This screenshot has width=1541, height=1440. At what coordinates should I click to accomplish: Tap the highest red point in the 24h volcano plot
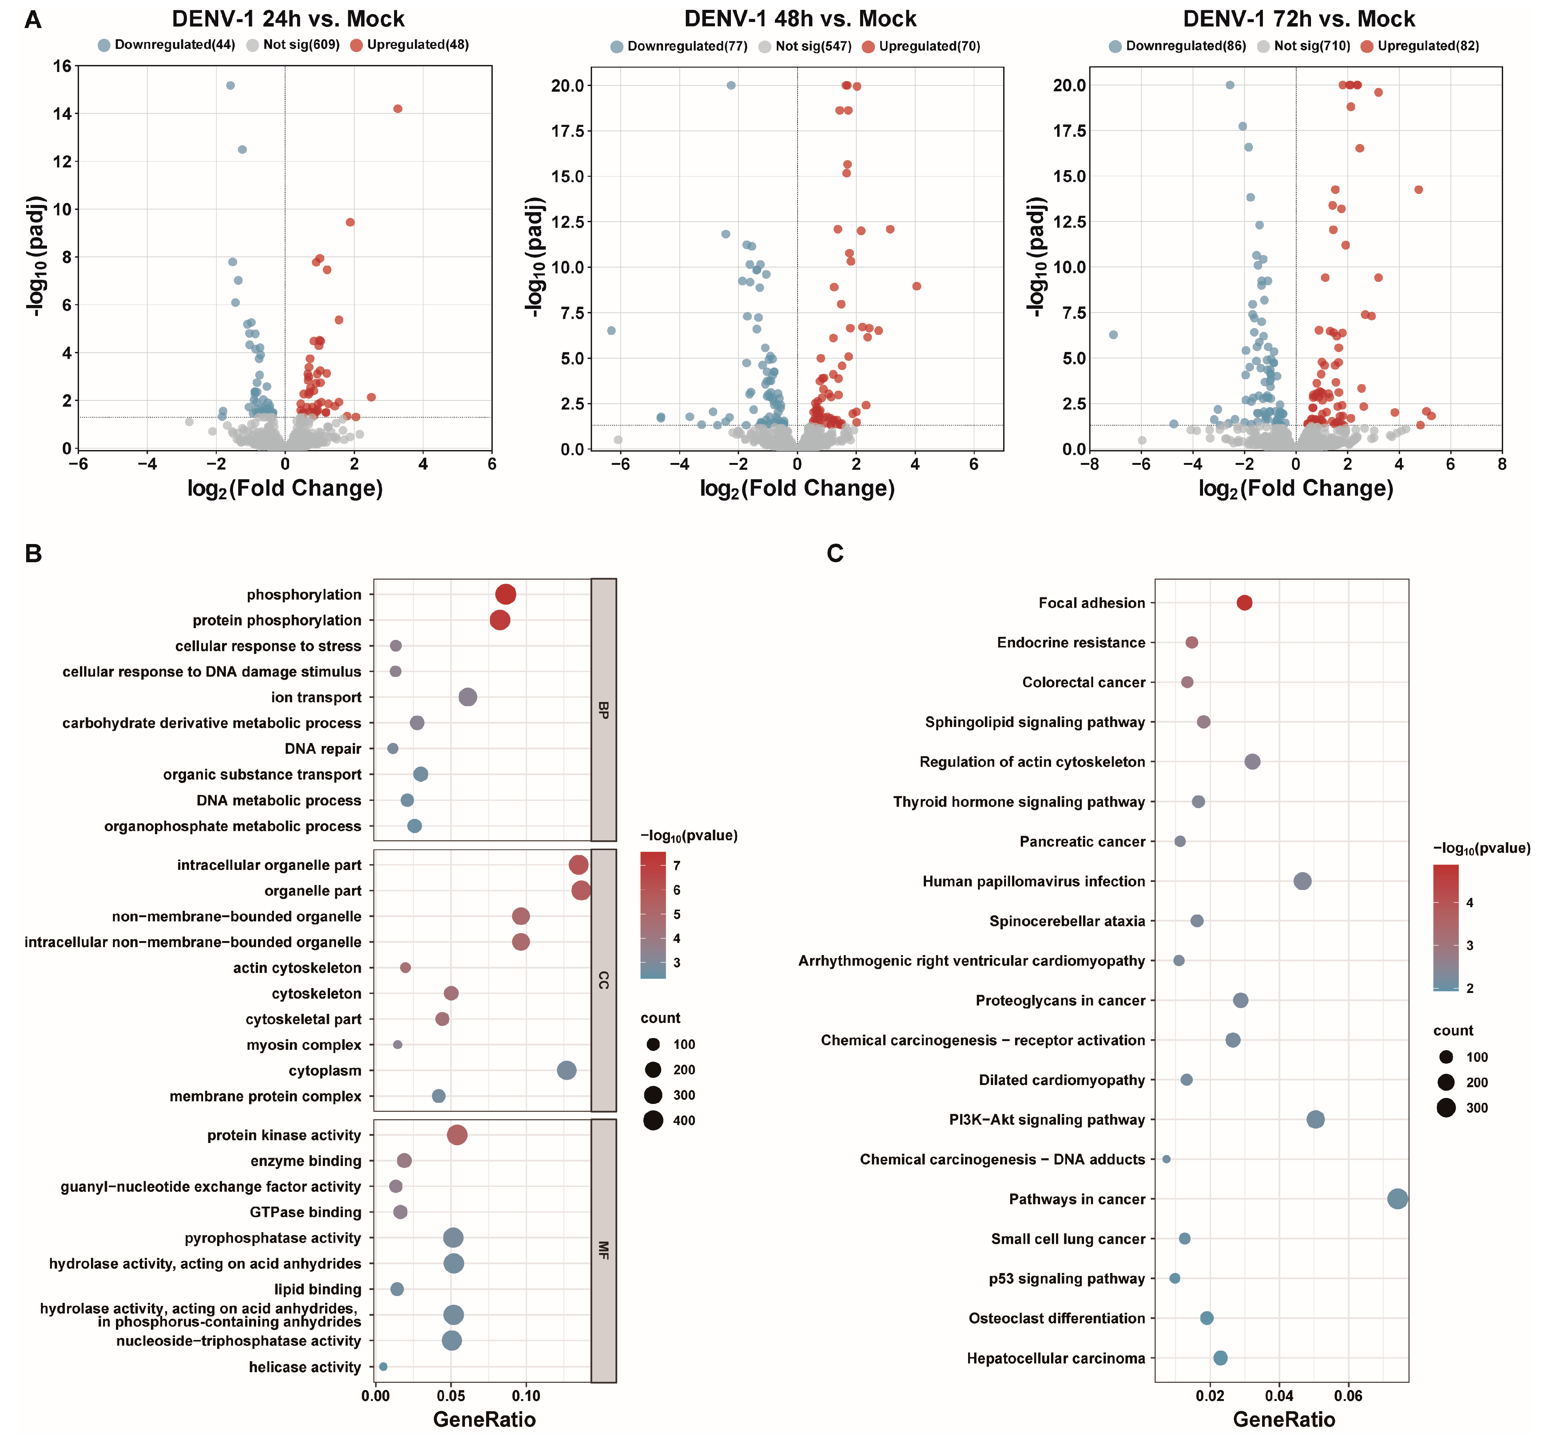pos(397,108)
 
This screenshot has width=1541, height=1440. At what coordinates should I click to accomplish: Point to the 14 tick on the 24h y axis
pos(62,114)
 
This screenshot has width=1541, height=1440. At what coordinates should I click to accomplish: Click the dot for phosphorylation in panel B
pos(505,594)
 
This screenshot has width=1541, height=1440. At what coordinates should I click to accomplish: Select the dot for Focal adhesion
pos(1244,603)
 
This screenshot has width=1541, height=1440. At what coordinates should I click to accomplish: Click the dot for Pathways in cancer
pos(1397,1199)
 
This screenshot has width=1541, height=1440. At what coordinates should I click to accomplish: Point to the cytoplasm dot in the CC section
pos(566,1070)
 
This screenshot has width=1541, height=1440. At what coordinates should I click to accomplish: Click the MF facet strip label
pos(603,1250)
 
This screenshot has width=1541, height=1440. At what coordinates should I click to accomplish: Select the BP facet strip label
pos(603,710)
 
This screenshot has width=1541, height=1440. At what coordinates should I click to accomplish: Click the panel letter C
pos(835,553)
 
